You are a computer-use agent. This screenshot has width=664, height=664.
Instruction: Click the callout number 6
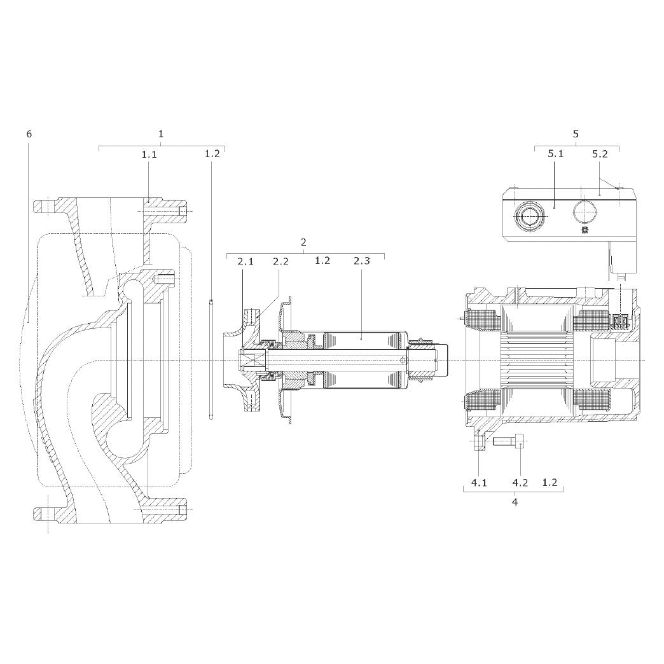29,134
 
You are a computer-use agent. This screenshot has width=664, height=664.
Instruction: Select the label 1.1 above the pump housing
149,155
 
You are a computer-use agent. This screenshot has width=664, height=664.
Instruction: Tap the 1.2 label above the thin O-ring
212,153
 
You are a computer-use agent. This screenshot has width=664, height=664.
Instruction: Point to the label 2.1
246,261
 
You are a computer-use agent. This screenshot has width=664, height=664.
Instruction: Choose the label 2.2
280,261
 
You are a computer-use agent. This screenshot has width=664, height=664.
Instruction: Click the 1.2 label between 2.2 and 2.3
322,260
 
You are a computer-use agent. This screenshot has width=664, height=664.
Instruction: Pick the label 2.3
362,260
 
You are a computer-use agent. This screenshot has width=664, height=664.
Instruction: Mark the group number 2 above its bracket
303,243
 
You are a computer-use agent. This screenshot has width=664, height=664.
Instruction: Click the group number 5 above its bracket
576,134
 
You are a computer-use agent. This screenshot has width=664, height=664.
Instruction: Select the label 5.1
556,153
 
